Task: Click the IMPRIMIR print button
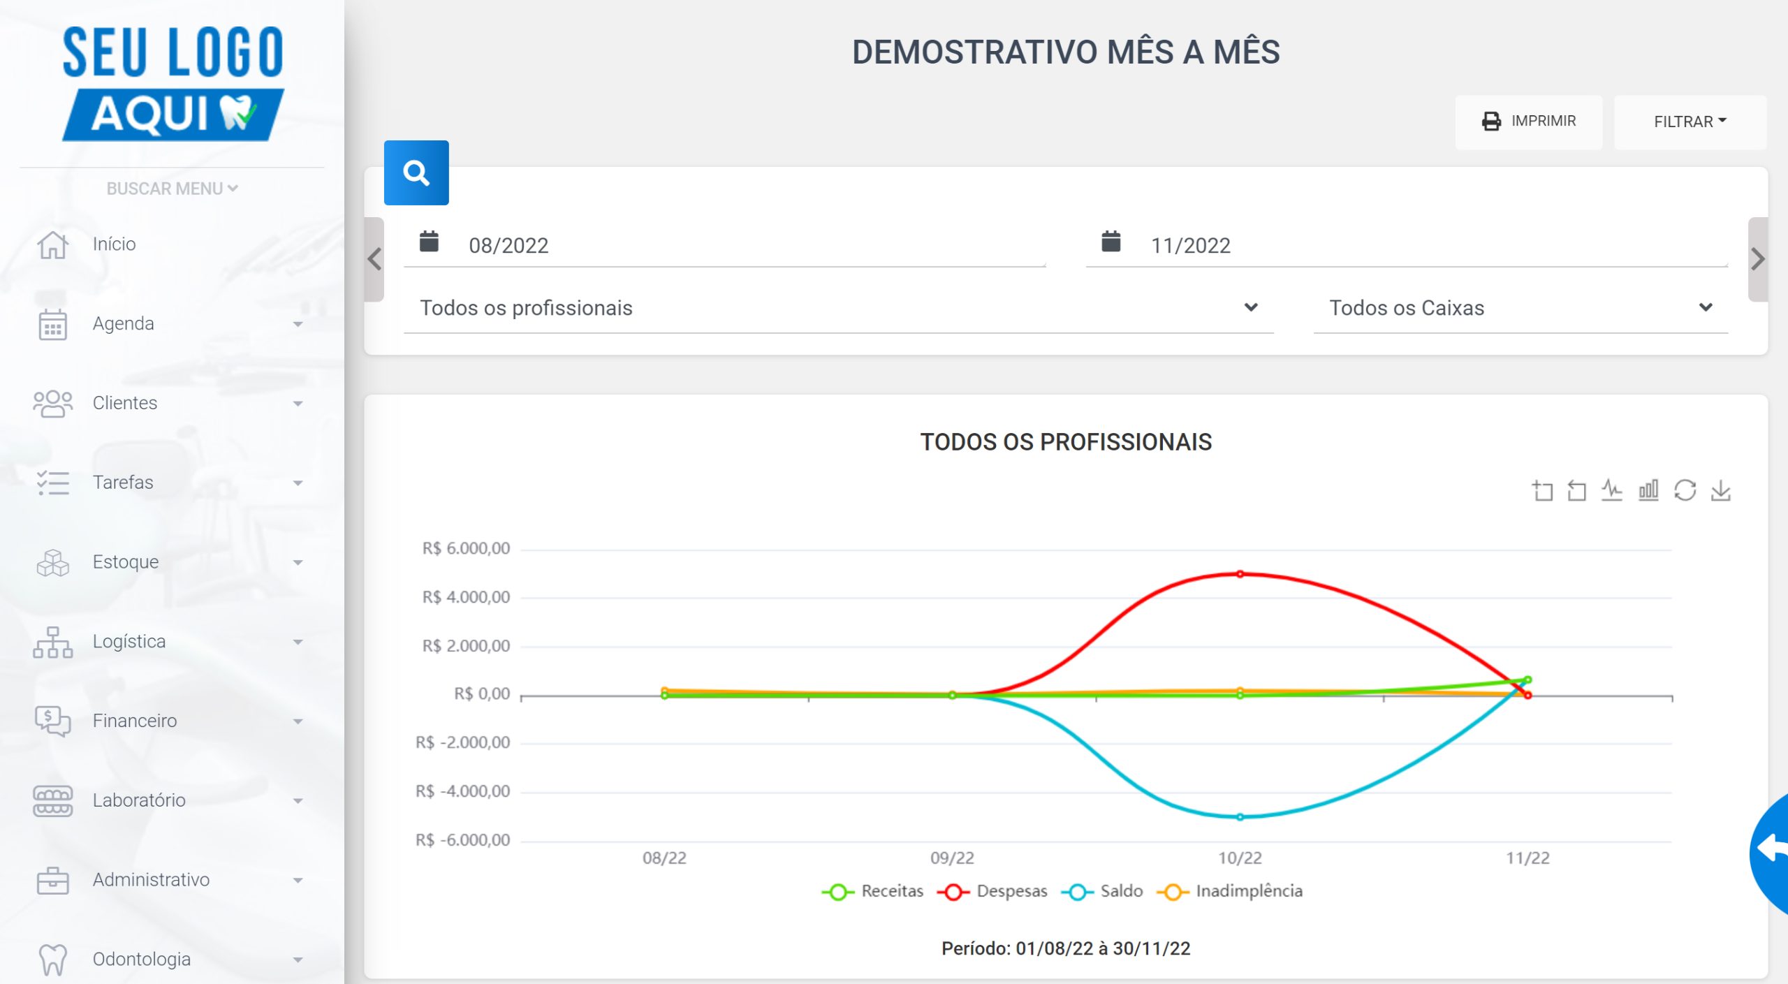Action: point(1528,122)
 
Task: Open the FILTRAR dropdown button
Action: point(1690,122)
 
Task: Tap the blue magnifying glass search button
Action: point(416,172)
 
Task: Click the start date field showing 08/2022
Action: point(724,245)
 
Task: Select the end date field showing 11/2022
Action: point(1407,245)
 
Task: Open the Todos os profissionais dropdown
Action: point(838,308)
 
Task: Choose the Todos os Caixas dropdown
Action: point(1520,308)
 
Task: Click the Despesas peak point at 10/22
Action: point(1240,574)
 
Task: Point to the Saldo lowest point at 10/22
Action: point(1240,817)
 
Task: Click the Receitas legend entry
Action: point(873,891)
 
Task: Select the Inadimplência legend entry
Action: point(1230,891)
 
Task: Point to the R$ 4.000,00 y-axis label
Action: point(466,597)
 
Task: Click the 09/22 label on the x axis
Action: point(952,858)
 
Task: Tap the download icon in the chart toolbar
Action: point(1721,490)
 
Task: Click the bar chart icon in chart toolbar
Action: point(1648,490)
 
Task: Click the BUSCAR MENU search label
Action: point(172,189)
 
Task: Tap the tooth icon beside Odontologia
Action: point(53,960)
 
